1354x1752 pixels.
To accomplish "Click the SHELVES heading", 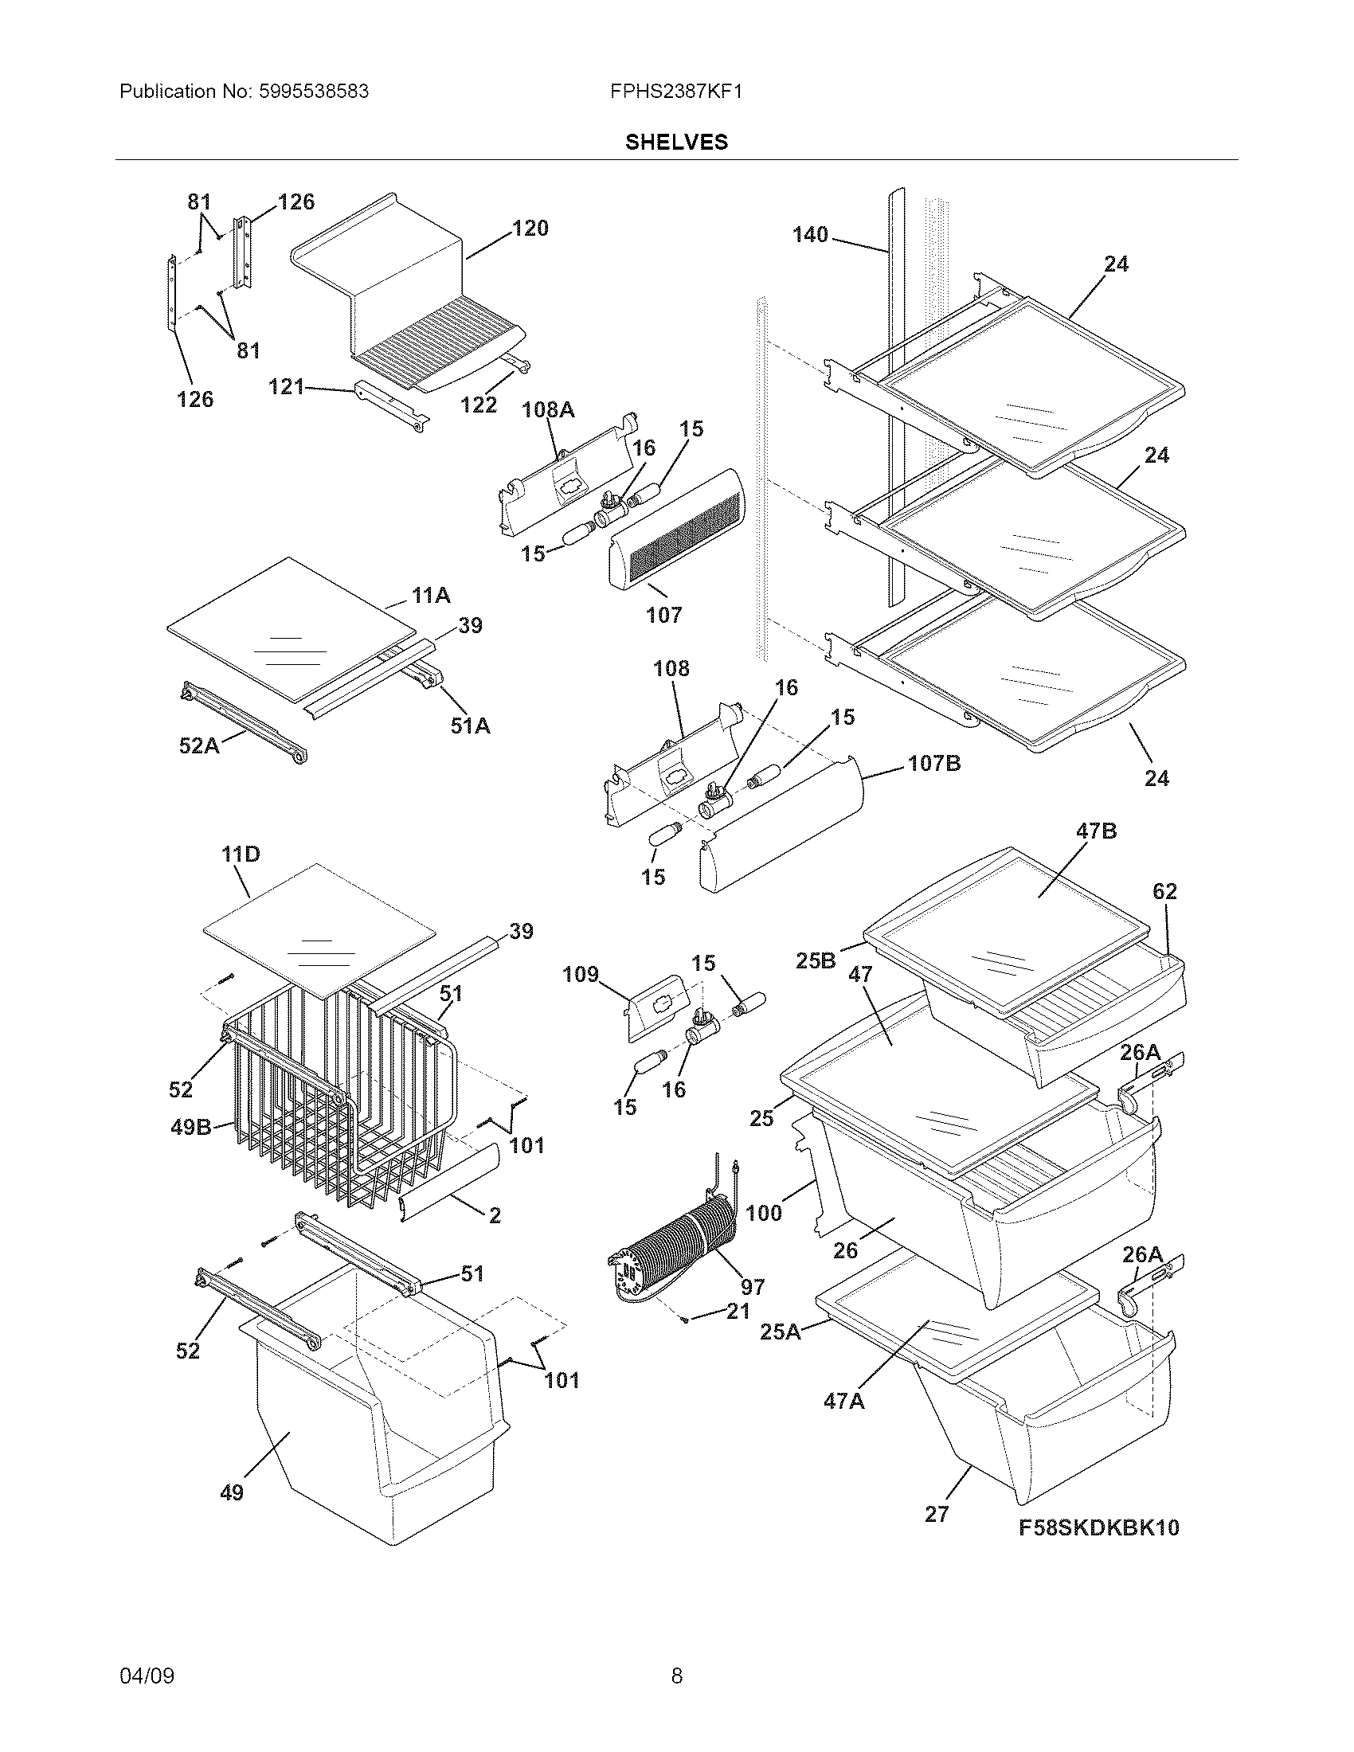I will tap(676, 142).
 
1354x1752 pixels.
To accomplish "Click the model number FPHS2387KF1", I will tap(675, 92).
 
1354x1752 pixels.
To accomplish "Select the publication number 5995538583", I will tap(314, 92).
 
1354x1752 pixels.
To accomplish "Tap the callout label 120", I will tap(530, 229).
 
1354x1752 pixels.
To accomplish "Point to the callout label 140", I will tap(810, 235).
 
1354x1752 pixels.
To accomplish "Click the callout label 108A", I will tap(548, 410).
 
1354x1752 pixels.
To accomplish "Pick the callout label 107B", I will tap(933, 763).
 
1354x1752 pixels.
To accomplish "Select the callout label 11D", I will tap(241, 854).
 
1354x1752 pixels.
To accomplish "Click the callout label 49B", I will tap(191, 1127).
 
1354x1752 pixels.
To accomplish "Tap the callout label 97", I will tap(752, 1288).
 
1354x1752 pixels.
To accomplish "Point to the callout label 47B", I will tap(1096, 831).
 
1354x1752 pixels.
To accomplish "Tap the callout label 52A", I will tap(198, 746).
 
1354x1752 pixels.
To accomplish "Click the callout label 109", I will tap(581, 975).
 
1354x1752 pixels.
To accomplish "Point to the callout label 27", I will tap(936, 1514).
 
